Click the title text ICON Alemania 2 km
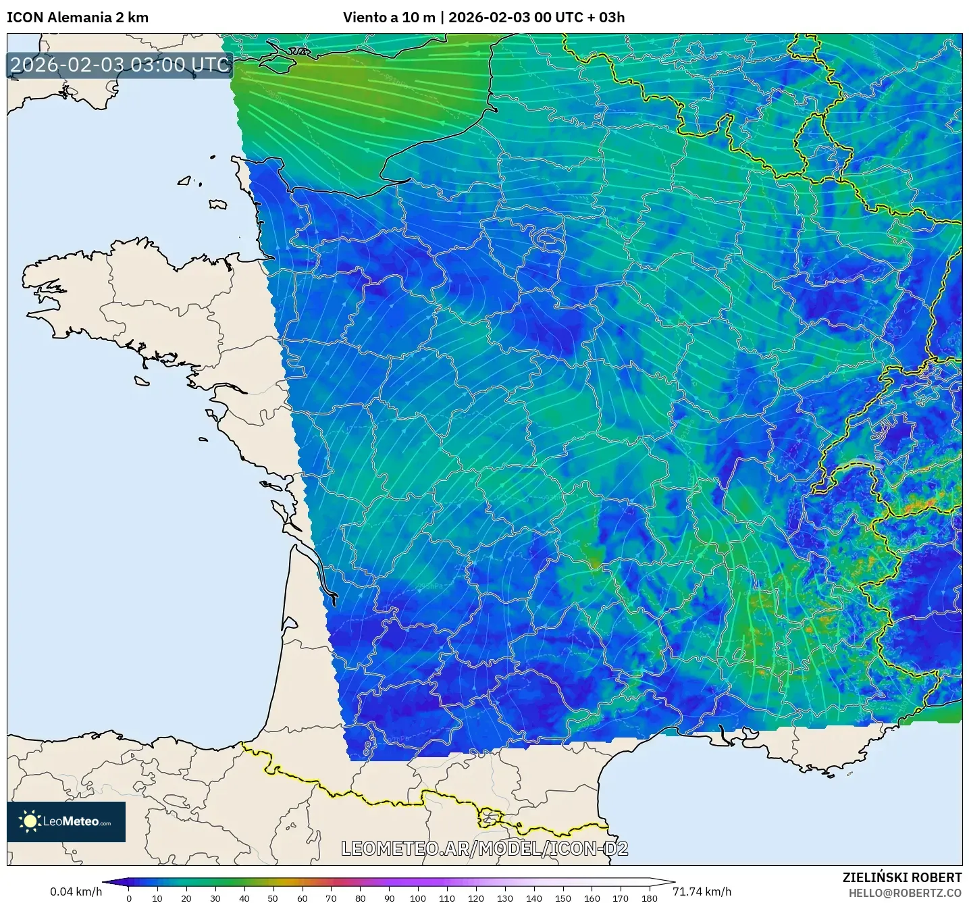click(x=78, y=18)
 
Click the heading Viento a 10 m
click(x=389, y=18)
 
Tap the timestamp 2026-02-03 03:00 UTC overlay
click(x=120, y=65)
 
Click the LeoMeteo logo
click(x=66, y=822)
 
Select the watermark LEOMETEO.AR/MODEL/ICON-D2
click(x=484, y=848)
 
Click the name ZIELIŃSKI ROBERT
click(x=901, y=877)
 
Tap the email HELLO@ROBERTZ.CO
click(x=905, y=893)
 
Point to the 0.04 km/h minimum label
click(x=76, y=892)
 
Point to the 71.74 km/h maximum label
click(x=702, y=892)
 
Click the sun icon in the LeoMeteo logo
click(x=30, y=822)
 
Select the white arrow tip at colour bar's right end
click(x=669, y=882)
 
